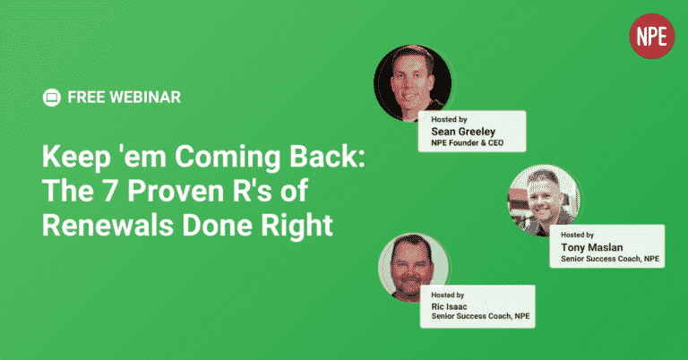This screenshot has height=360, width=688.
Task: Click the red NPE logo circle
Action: coord(651,36)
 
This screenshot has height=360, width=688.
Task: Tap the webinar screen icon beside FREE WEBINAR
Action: coord(51,98)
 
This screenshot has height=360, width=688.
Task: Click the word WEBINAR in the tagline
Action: coord(145,98)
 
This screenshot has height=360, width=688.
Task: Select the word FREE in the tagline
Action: coord(86,98)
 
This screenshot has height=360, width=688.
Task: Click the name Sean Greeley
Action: coord(463,132)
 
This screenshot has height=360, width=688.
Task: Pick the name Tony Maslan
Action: coord(591,247)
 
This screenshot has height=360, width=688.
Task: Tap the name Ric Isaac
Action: coord(449,306)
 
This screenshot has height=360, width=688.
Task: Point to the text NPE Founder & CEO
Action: coord(467,143)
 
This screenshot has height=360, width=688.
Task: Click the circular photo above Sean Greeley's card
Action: coord(412,83)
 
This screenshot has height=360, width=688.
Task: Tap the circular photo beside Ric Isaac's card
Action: coord(413,269)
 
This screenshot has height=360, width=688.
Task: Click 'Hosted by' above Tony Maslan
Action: coord(577,235)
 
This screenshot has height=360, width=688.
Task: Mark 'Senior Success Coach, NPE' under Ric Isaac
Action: coord(480,316)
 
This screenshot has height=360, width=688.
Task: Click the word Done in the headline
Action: coord(218,225)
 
